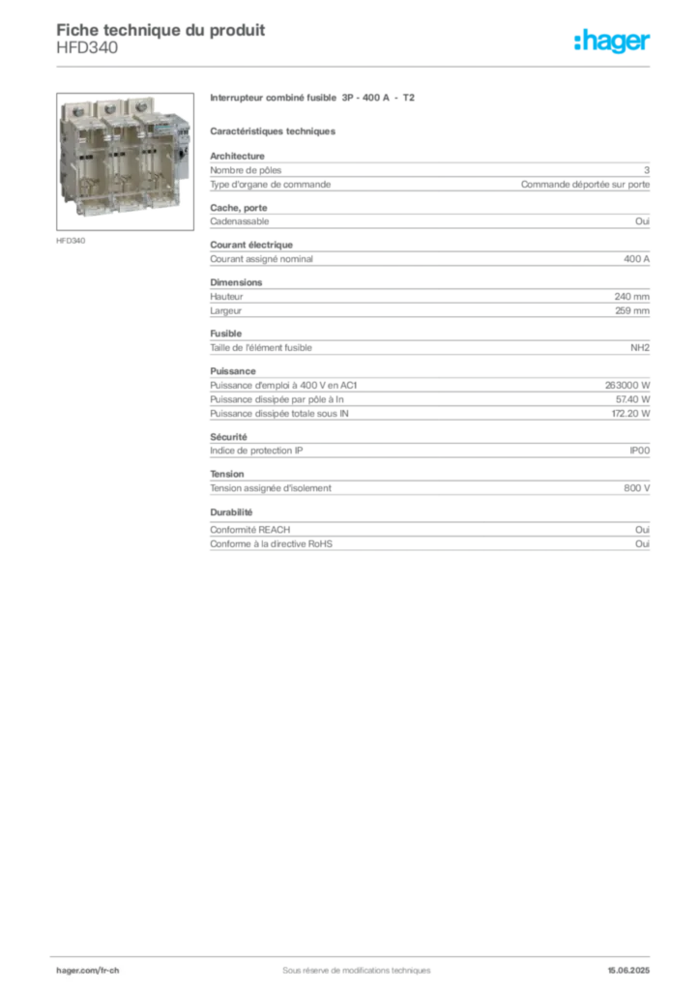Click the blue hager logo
(x=613, y=42)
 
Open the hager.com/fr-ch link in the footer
(x=87, y=969)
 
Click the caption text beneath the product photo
(x=73, y=240)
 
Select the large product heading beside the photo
(x=313, y=99)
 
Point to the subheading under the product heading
(x=274, y=130)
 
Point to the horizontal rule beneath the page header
(x=356, y=67)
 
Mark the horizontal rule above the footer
(x=356, y=952)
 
